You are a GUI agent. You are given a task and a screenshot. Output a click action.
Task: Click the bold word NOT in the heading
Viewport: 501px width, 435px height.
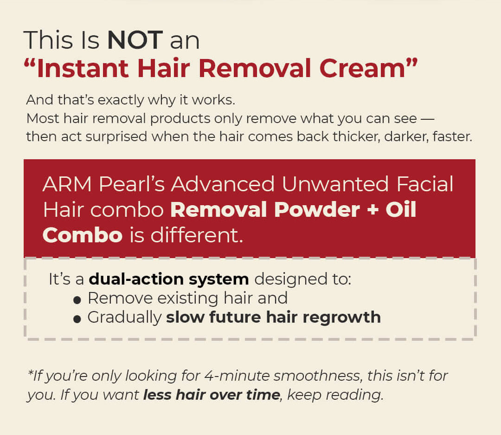click(135, 40)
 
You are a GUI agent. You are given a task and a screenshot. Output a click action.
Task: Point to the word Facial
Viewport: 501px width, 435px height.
click(425, 184)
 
